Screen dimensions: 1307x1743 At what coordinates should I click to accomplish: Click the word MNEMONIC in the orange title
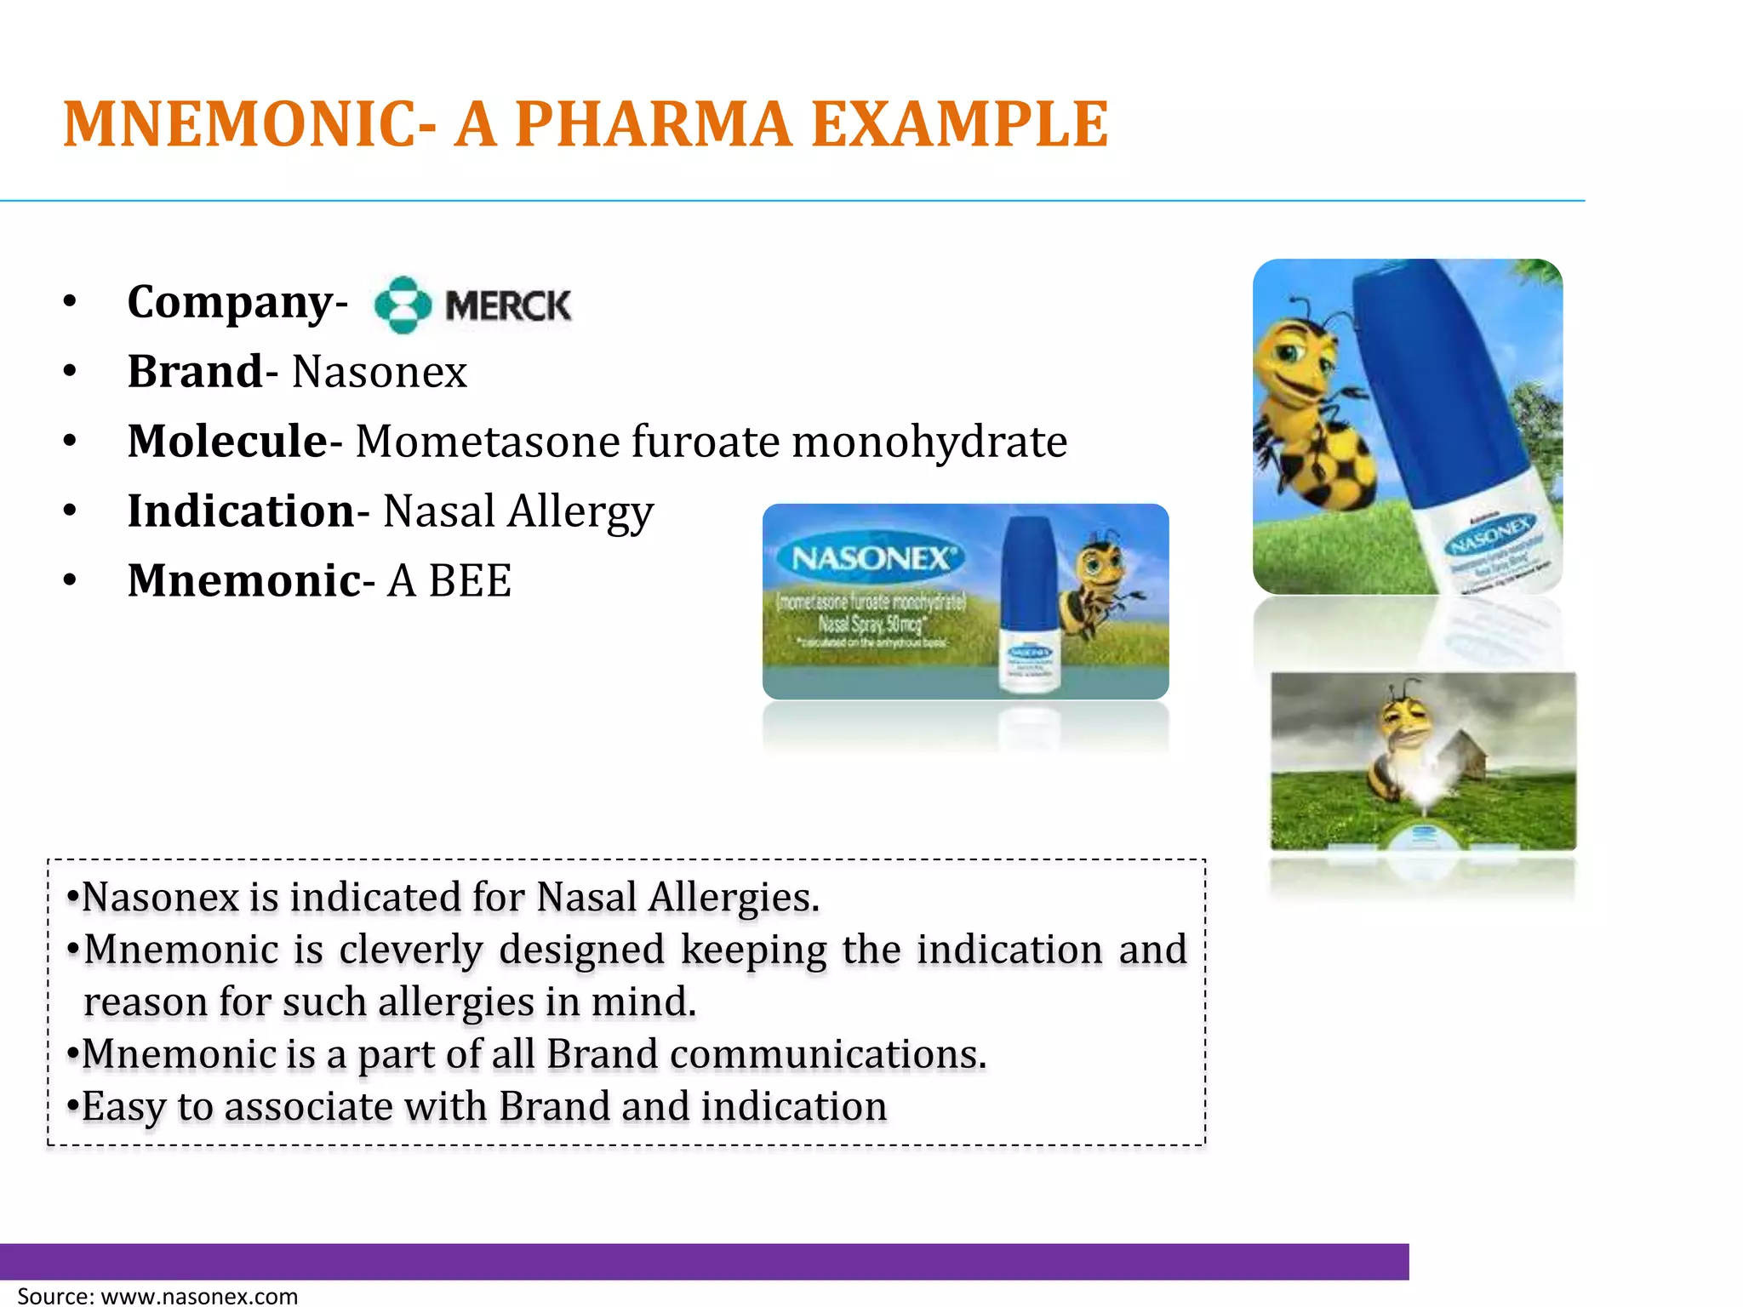[x=249, y=124]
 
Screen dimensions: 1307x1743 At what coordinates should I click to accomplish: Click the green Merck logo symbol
[x=403, y=305]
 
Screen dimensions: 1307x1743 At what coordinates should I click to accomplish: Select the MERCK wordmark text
[x=508, y=305]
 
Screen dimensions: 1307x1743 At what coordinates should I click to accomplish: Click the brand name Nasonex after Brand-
[x=380, y=372]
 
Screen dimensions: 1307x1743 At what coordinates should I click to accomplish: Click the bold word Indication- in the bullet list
[x=248, y=511]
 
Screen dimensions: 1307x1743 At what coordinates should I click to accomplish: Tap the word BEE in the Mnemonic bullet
[x=470, y=581]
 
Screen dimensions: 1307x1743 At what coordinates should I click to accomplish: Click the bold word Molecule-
[x=234, y=442]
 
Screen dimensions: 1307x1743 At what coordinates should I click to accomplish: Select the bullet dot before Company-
[x=70, y=302]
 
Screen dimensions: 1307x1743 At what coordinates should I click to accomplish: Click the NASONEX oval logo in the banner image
[x=872, y=559]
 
